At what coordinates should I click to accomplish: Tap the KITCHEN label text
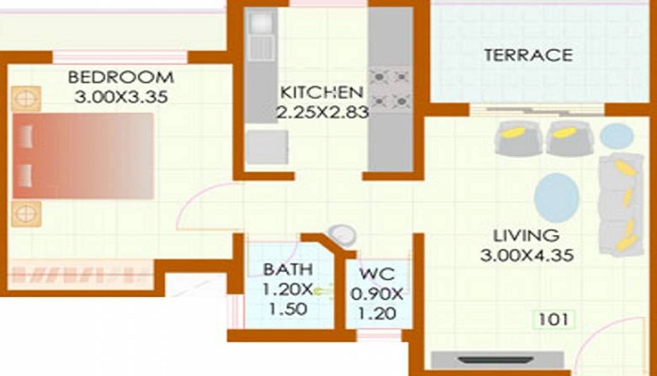[x=321, y=93]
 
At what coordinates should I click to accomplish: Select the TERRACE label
[x=527, y=55]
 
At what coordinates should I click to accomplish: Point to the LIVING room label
[x=529, y=235]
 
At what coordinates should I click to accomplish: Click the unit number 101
[x=553, y=320]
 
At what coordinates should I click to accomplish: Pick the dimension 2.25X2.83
[x=321, y=112]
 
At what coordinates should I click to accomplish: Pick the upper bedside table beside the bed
[x=26, y=97]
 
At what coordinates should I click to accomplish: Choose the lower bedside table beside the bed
[x=26, y=213]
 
